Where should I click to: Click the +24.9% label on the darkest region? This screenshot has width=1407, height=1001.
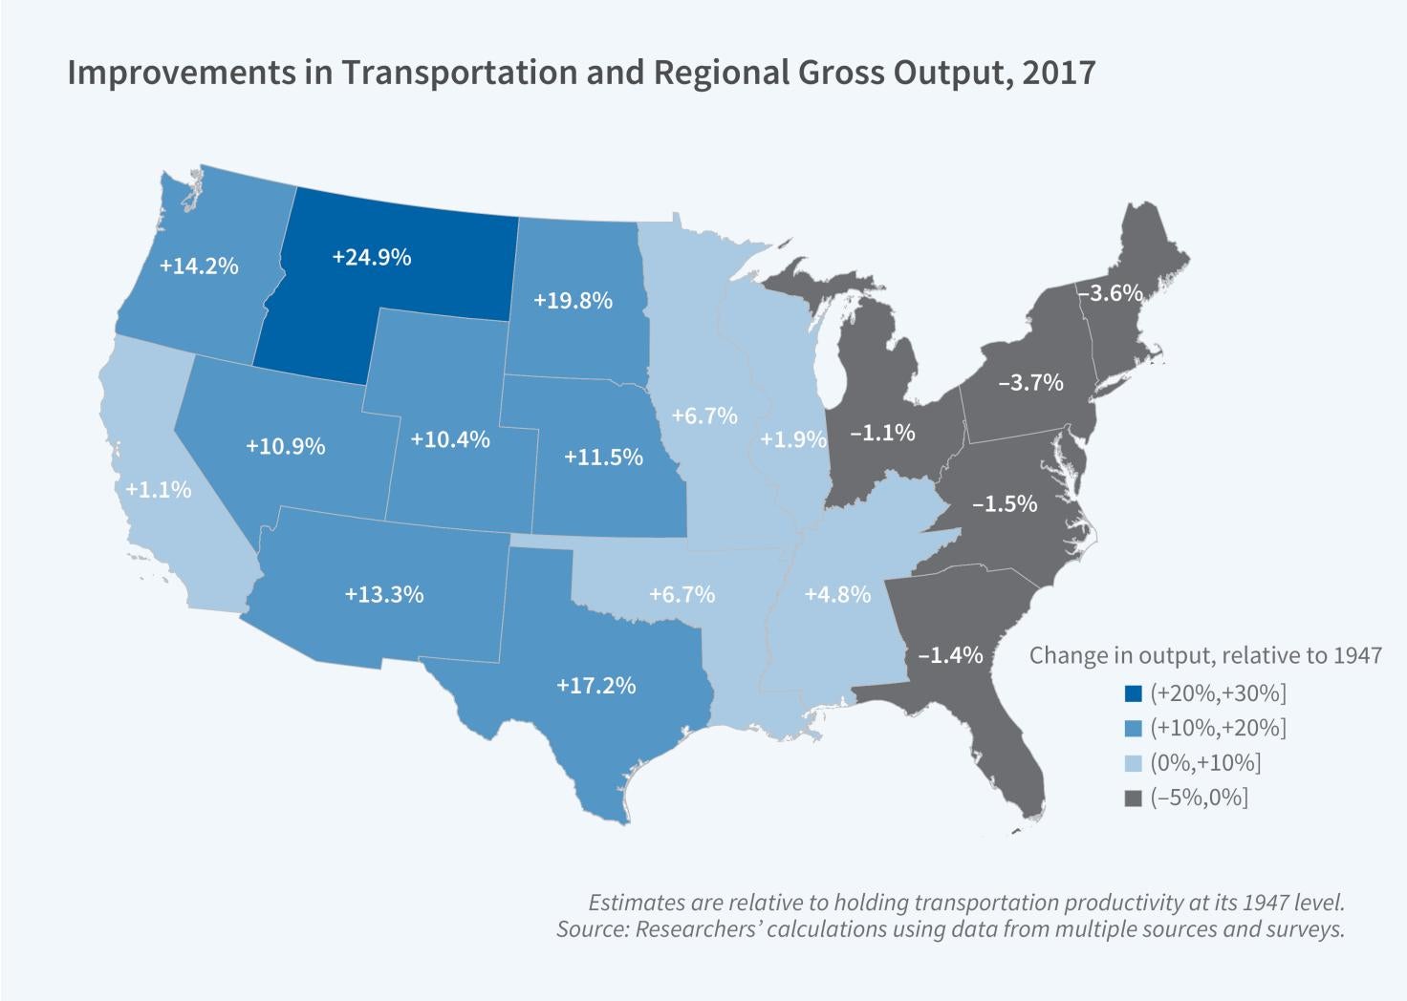pyautogui.click(x=372, y=257)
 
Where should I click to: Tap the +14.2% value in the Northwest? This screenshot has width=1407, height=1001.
pyautogui.click(x=199, y=266)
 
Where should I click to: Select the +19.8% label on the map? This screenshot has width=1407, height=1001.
pyautogui.click(x=573, y=300)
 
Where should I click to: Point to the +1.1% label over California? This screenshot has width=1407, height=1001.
pyautogui.click(x=158, y=490)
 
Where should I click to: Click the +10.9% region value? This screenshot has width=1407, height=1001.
pyautogui.click(x=286, y=446)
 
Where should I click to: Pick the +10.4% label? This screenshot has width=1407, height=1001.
pyautogui.click(x=450, y=439)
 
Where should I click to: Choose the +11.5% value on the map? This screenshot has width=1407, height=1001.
pyautogui.click(x=603, y=457)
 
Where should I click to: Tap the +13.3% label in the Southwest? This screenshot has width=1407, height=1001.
pyautogui.click(x=384, y=594)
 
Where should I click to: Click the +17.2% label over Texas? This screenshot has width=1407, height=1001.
pyautogui.click(x=596, y=685)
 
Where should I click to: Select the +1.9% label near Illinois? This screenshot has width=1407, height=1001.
pyautogui.click(x=793, y=439)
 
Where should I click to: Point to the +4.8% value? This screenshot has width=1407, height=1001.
pyautogui.click(x=837, y=594)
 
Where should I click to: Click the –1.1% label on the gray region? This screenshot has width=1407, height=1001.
pyautogui.click(x=882, y=433)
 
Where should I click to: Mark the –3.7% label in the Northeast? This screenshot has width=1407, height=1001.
pyautogui.click(x=1030, y=382)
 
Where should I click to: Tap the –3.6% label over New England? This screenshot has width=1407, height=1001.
pyautogui.click(x=1111, y=293)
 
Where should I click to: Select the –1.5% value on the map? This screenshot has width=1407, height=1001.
pyautogui.click(x=1005, y=503)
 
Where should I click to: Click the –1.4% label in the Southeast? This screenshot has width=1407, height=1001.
pyautogui.click(x=950, y=655)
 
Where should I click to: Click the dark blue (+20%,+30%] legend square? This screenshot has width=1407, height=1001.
pyautogui.click(x=1134, y=693)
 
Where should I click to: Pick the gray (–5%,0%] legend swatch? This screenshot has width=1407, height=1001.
pyautogui.click(x=1134, y=799)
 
